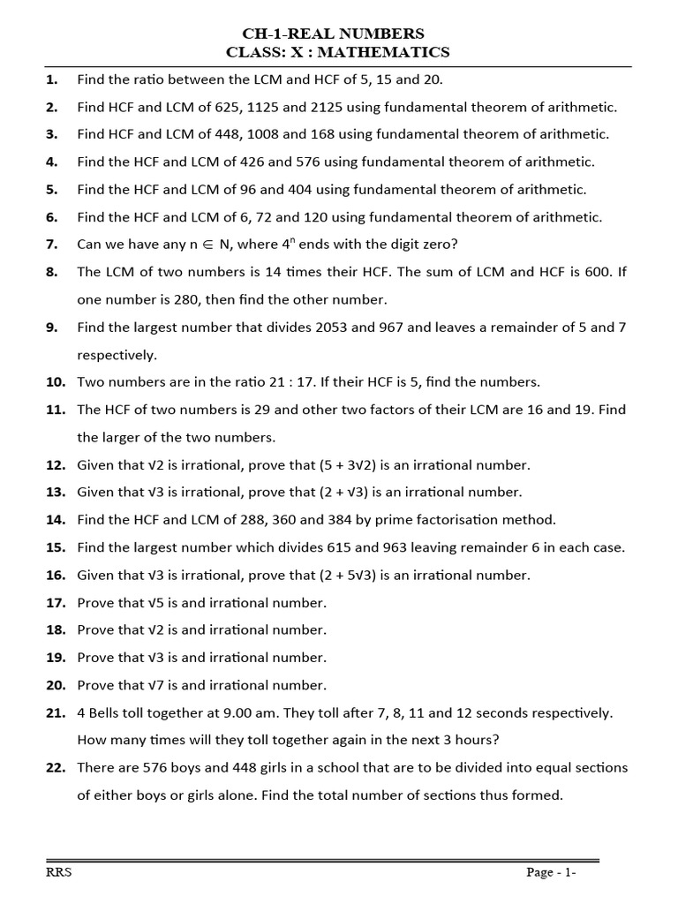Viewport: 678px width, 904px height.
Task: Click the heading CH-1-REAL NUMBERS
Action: (337, 34)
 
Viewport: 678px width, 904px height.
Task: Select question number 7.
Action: (52, 245)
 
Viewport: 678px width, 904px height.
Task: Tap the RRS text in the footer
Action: (59, 873)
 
